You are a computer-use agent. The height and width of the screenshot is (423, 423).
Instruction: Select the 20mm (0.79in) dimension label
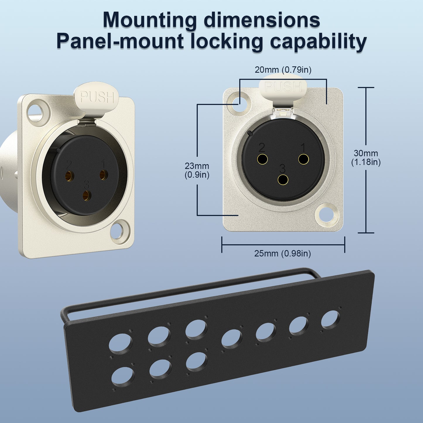[283, 70]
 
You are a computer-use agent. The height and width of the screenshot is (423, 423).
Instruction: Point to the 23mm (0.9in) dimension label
[197, 171]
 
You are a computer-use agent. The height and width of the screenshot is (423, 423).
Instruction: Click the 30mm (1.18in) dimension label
[366, 158]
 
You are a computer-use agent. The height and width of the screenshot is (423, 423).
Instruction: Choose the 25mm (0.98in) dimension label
[282, 254]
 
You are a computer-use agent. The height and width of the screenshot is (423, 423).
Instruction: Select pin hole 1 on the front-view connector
[304, 159]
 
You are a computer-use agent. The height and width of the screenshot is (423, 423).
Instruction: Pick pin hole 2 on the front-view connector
[262, 159]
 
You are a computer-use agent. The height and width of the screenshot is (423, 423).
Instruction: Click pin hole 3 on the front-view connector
[283, 180]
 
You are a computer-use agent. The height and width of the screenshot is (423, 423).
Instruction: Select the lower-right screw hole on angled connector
[119, 231]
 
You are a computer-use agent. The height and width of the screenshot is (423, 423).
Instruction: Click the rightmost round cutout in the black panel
[330, 320]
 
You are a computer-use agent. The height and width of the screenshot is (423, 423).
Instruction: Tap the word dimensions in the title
[262, 20]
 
